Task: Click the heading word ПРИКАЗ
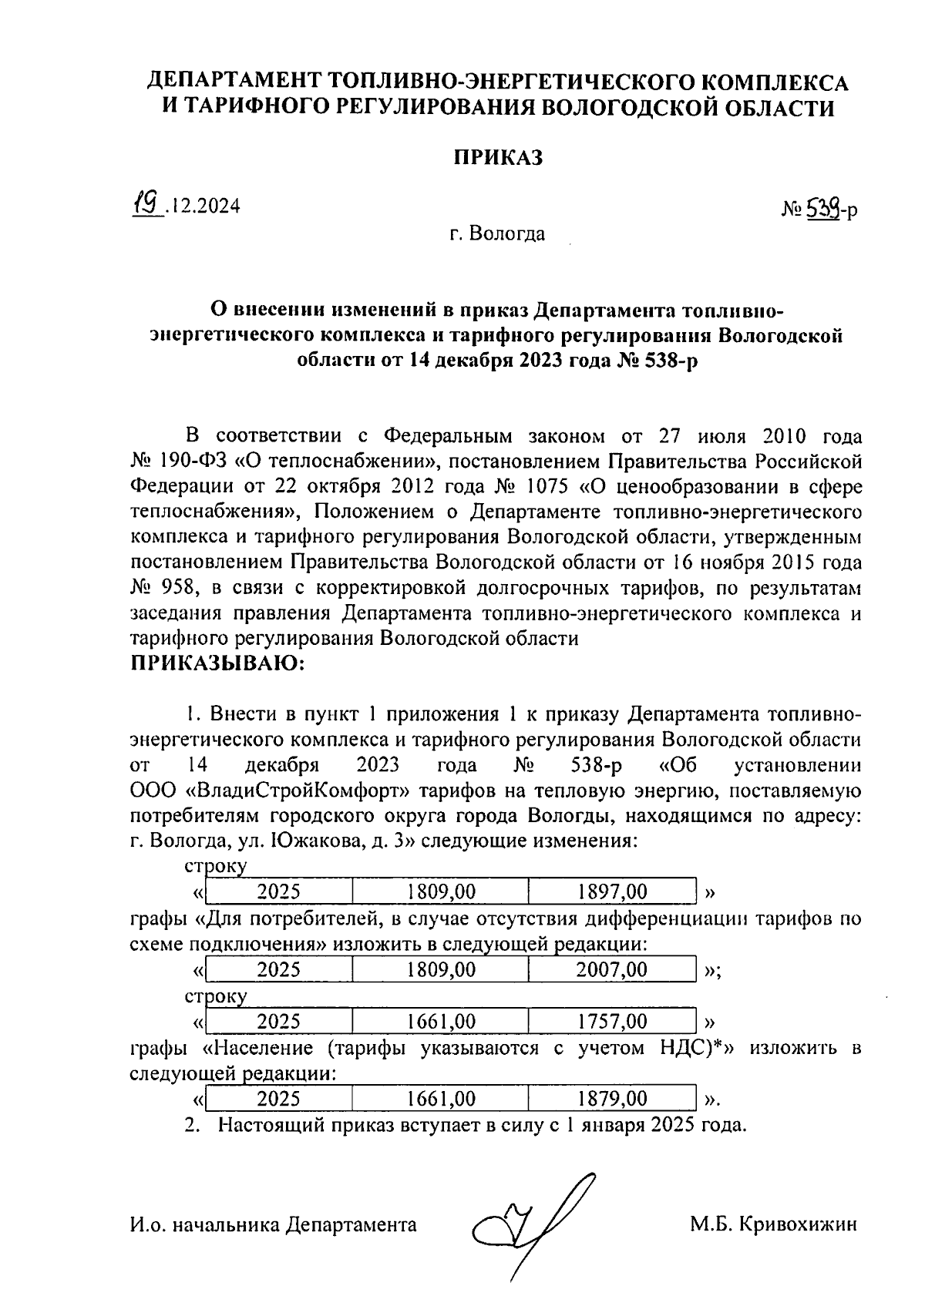pos(497,158)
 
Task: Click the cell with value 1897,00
pos(612,892)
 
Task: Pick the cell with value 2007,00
pos(612,969)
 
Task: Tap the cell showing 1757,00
pos(612,1022)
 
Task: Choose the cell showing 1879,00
pos(612,1098)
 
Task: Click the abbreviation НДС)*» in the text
pos(694,1048)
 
